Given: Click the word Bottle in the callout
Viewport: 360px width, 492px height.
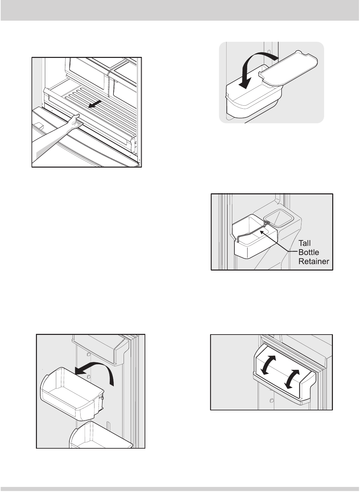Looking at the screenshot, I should (x=309, y=253).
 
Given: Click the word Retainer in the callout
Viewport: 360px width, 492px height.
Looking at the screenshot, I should (x=313, y=261).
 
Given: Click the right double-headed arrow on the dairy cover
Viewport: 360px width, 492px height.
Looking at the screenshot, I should (x=292, y=379).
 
